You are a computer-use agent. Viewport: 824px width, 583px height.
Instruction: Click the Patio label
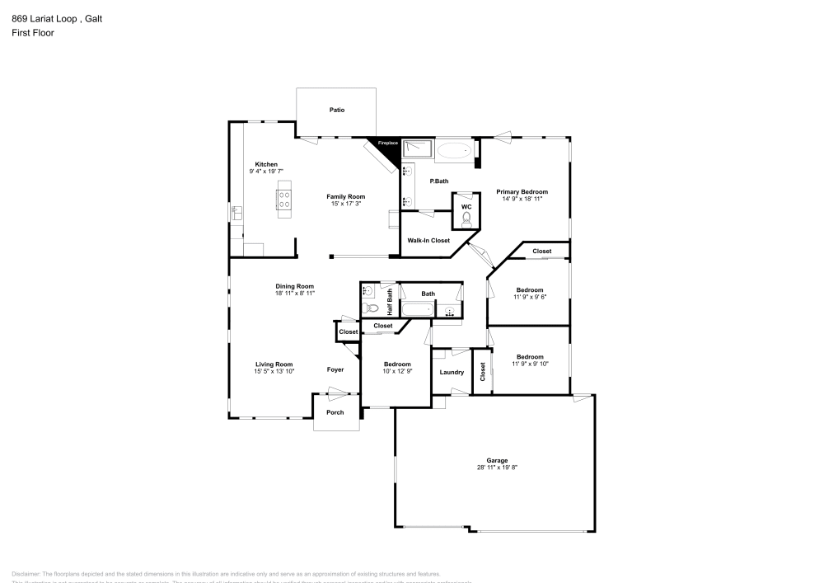coord(337,110)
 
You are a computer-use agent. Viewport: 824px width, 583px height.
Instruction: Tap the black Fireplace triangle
coord(386,146)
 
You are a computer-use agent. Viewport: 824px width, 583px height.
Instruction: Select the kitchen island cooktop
coord(284,199)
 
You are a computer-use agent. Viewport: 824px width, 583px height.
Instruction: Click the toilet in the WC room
coord(466,219)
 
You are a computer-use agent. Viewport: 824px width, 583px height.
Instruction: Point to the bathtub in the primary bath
coord(453,150)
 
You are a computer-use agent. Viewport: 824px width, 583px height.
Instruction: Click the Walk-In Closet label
coord(428,241)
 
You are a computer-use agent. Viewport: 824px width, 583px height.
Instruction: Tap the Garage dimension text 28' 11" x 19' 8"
coord(497,468)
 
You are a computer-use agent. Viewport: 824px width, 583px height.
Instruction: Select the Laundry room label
coord(452,372)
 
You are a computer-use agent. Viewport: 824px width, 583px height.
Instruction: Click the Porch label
coord(335,412)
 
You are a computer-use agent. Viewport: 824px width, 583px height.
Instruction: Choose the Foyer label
coord(335,369)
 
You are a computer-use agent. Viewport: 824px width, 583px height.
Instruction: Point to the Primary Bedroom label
coord(522,191)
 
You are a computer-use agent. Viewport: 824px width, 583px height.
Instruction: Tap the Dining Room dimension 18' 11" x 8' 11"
coord(295,293)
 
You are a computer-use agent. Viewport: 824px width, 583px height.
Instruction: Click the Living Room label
coord(274,364)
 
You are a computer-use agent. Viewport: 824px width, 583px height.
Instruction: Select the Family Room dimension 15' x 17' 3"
coord(345,203)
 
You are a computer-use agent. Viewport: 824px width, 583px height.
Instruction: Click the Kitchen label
coord(266,164)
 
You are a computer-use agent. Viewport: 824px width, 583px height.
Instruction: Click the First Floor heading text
coord(32,33)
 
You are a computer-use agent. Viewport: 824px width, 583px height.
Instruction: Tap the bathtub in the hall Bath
coord(417,310)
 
